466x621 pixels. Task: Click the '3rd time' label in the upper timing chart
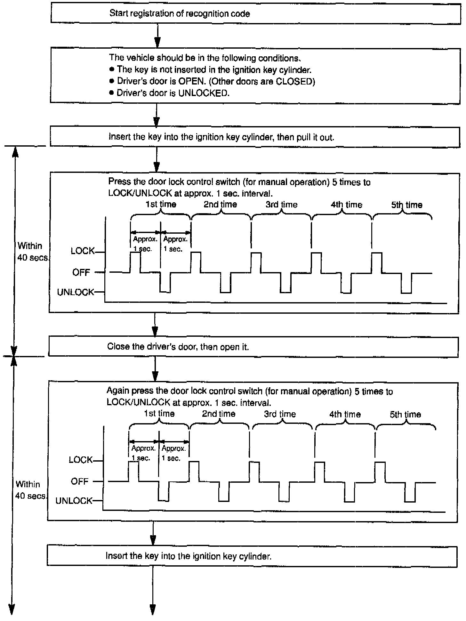coord(281,205)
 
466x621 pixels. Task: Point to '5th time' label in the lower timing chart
coord(405,415)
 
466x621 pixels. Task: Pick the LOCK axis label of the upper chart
coord(83,251)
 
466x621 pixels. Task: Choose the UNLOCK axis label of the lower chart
coord(74,501)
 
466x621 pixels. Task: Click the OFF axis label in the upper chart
coord(81,272)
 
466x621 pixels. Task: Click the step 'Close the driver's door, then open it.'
coord(178,347)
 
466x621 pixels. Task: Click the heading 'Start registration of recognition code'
coord(180,13)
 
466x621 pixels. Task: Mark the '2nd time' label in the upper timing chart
coord(220,205)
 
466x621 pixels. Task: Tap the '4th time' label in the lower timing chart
coord(345,415)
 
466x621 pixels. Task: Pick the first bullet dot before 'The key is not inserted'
coord(111,69)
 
